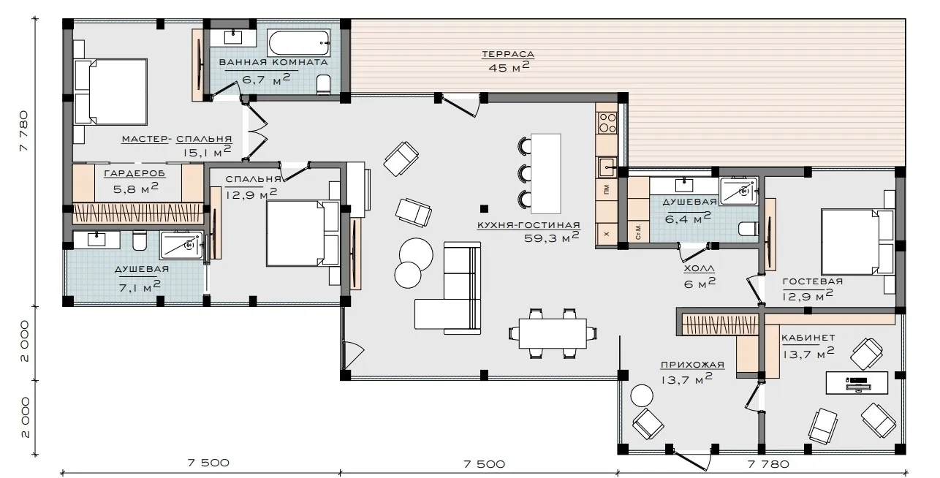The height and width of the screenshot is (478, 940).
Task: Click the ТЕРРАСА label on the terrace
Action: (x=508, y=54)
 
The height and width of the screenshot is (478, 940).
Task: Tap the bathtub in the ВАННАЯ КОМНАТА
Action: (x=299, y=43)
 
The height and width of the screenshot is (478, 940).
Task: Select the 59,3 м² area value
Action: (x=551, y=237)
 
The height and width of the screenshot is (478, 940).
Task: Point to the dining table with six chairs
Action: (x=553, y=333)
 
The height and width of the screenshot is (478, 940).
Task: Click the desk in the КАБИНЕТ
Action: (x=857, y=383)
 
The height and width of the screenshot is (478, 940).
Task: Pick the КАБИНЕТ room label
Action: (x=808, y=338)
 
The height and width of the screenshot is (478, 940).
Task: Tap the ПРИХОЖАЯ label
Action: (x=692, y=365)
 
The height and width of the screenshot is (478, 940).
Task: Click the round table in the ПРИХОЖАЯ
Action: (x=642, y=395)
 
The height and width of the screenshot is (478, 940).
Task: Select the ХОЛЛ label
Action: (x=699, y=268)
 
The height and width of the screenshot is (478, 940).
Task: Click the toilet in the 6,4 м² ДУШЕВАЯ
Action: (x=748, y=229)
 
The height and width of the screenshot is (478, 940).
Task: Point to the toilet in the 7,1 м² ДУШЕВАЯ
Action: (x=140, y=241)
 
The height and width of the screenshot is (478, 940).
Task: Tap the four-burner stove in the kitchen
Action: (x=607, y=123)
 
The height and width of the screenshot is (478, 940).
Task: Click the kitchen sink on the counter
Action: (x=607, y=167)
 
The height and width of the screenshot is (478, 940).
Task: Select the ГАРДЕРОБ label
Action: (x=134, y=173)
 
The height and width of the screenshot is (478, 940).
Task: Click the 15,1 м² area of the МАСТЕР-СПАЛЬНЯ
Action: (x=207, y=151)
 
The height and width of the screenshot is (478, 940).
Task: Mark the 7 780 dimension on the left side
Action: (x=25, y=131)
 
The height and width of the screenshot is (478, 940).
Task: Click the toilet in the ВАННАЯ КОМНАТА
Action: (x=324, y=84)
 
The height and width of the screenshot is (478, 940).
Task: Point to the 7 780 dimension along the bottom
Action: (x=768, y=464)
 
